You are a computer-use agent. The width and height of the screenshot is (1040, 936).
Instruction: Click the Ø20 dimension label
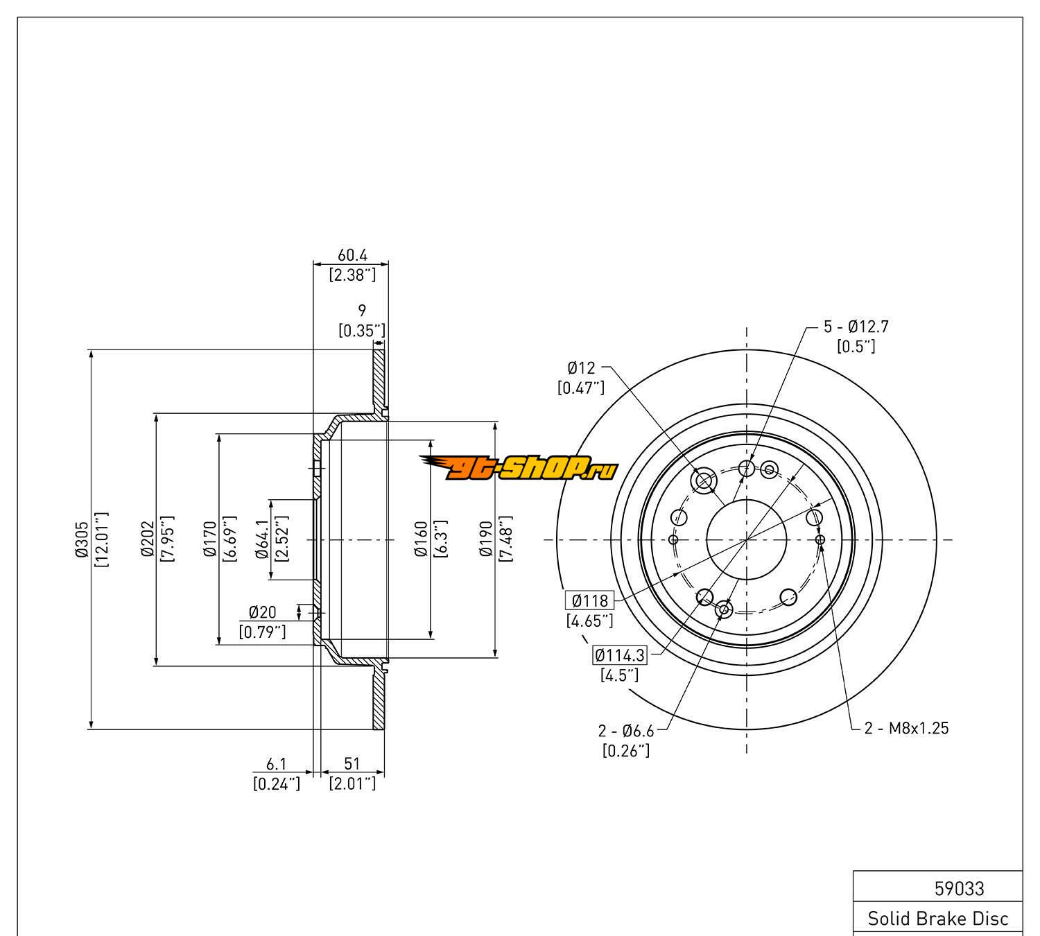pyautogui.click(x=262, y=612)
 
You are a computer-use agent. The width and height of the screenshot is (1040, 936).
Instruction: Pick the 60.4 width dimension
pyautogui.click(x=352, y=255)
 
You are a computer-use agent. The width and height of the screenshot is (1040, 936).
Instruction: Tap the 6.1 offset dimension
pyautogui.click(x=277, y=763)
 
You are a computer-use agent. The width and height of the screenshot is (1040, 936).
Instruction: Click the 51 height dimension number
pyautogui.click(x=352, y=763)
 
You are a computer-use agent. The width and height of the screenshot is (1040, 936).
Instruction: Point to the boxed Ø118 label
pyautogui.click(x=589, y=600)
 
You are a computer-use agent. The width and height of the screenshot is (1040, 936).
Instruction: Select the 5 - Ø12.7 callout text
pyautogui.click(x=856, y=327)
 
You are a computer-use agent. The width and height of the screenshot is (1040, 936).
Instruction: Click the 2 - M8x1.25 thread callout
pyautogui.click(x=906, y=728)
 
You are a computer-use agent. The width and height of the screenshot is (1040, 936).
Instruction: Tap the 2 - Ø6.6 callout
pyautogui.click(x=626, y=730)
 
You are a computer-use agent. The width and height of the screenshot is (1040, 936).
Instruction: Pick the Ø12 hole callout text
pyautogui.click(x=581, y=367)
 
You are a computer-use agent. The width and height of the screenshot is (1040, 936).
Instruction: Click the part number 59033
pyautogui.click(x=960, y=888)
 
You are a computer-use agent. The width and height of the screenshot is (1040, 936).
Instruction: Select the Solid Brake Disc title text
pyautogui.click(x=938, y=919)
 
